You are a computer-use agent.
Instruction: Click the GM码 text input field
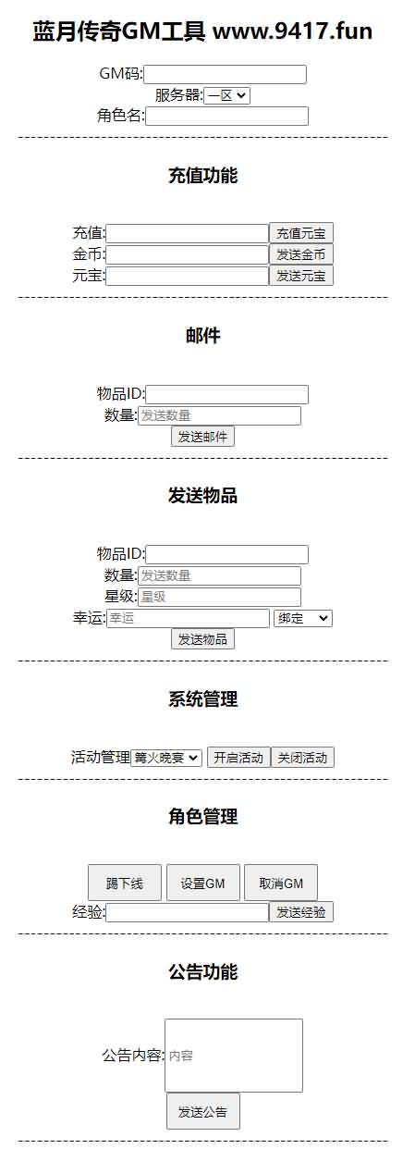click(225, 74)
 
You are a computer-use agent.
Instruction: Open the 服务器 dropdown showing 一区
click(227, 95)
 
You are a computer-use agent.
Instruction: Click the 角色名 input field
click(227, 116)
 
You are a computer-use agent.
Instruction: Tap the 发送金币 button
click(301, 254)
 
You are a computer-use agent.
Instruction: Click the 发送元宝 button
click(301, 276)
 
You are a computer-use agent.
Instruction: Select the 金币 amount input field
click(187, 255)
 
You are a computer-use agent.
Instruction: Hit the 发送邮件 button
click(203, 437)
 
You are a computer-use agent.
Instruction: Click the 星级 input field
click(219, 597)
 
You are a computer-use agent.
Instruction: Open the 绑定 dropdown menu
click(303, 618)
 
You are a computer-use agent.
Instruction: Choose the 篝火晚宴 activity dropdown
click(166, 758)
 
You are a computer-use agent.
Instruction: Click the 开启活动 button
click(238, 757)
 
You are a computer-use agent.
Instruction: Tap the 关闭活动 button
click(302, 757)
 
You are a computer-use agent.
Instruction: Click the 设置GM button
click(203, 883)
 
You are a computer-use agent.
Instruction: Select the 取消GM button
click(281, 883)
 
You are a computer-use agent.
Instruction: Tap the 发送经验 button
click(301, 912)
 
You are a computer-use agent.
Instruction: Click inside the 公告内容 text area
click(234, 1056)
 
